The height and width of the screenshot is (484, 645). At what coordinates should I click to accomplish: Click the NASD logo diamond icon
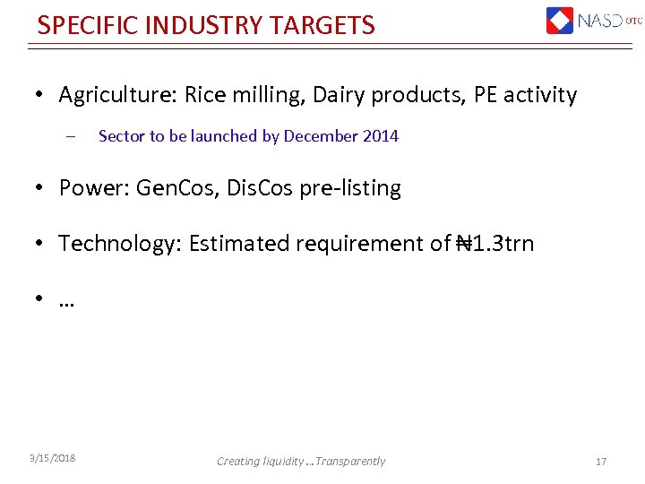(560, 20)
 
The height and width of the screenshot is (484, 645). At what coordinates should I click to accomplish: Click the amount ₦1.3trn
(494, 244)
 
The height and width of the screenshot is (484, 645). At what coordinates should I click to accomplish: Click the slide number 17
(601, 462)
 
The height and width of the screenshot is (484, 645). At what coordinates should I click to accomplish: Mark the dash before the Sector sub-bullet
(68, 137)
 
